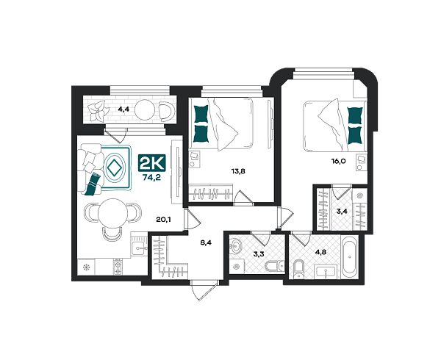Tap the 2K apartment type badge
[x=152, y=163]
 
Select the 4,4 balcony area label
[x=123, y=109]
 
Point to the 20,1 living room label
[x=163, y=220]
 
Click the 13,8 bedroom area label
[x=238, y=171]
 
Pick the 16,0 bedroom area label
[x=338, y=162]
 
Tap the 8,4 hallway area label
[x=206, y=242]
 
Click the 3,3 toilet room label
[x=259, y=254]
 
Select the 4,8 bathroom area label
[x=320, y=252]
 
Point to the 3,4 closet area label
[x=342, y=212]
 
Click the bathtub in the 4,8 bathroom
[x=350, y=257]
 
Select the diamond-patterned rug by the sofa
[x=116, y=168]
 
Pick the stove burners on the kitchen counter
[x=118, y=267]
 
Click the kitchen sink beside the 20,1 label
[x=139, y=245]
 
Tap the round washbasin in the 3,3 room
[x=235, y=247]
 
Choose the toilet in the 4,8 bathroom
[x=298, y=269]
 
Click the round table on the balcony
[x=145, y=110]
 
